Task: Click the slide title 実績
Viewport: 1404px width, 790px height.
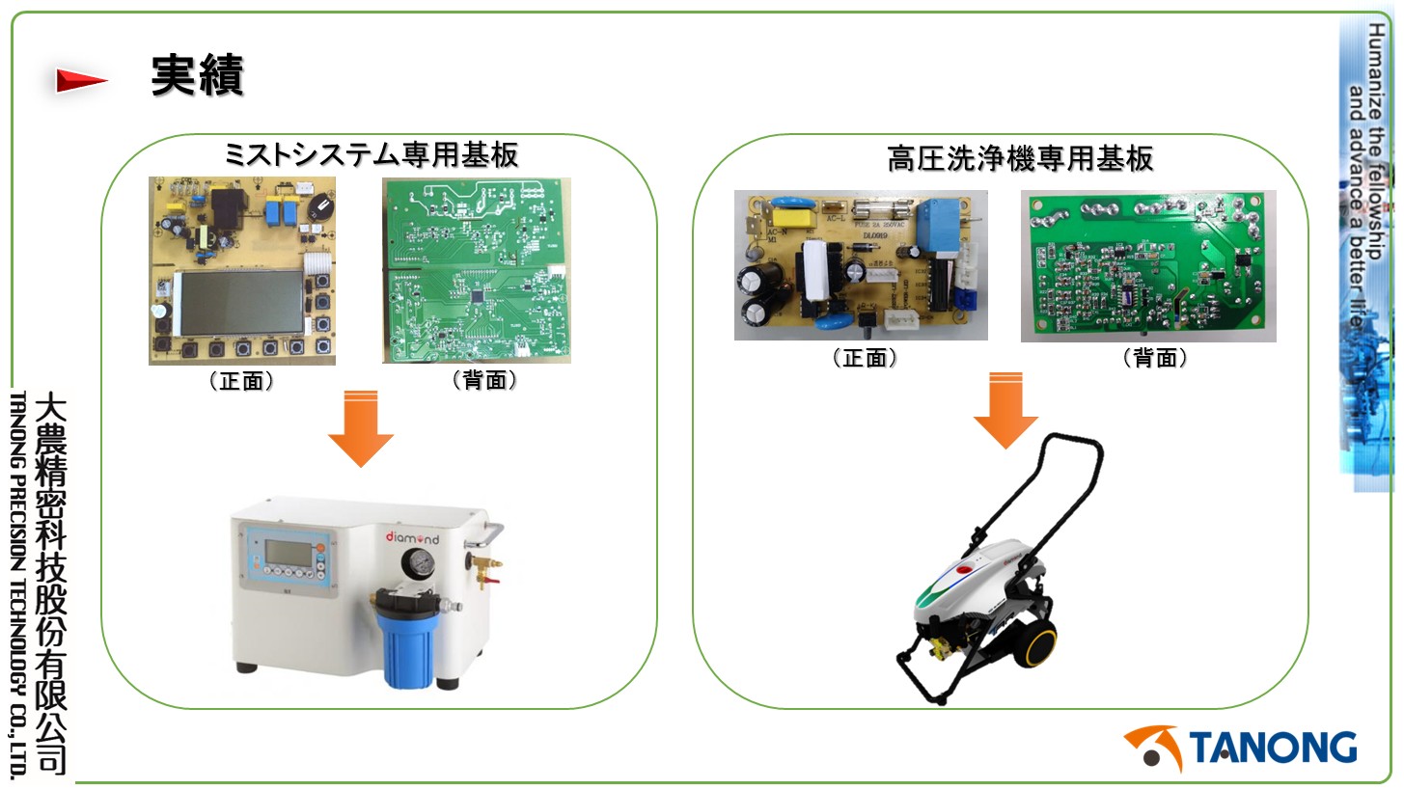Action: click(197, 75)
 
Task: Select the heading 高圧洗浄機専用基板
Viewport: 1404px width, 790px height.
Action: click(1020, 158)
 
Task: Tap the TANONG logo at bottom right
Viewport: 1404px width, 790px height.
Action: click(1241, 749)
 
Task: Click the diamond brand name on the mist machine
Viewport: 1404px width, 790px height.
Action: click(412, 536)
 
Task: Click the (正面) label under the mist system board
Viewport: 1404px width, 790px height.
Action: click(242, 381)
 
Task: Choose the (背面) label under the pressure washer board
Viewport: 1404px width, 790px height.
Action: click(1154, 359)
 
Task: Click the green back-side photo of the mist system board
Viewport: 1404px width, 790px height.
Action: click(476, 270)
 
